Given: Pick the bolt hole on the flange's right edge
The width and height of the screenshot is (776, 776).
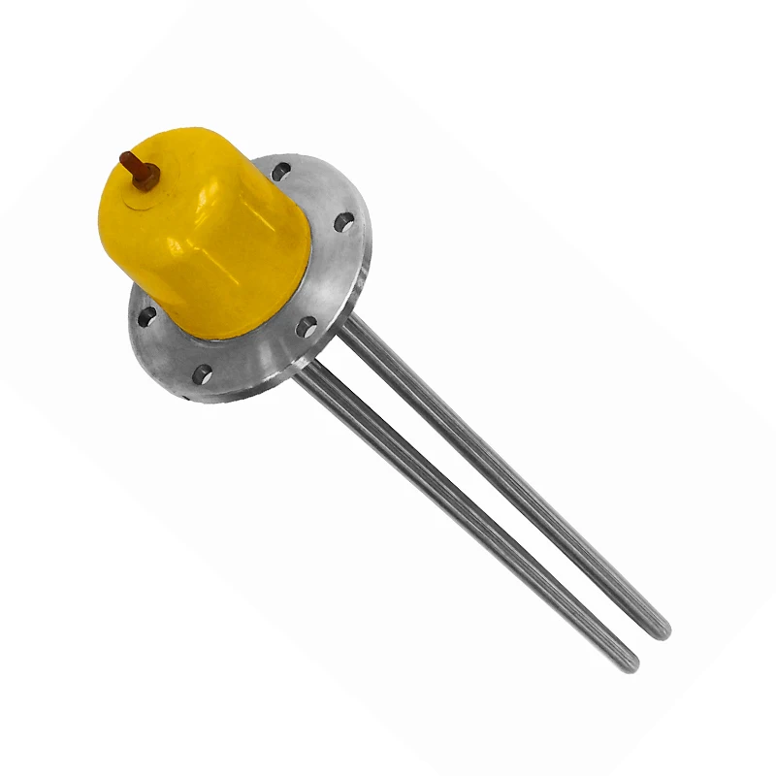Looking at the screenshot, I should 344,222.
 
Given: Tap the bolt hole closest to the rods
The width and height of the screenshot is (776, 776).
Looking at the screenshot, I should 307,325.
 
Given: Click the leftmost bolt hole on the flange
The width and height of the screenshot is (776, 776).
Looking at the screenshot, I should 146,315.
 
